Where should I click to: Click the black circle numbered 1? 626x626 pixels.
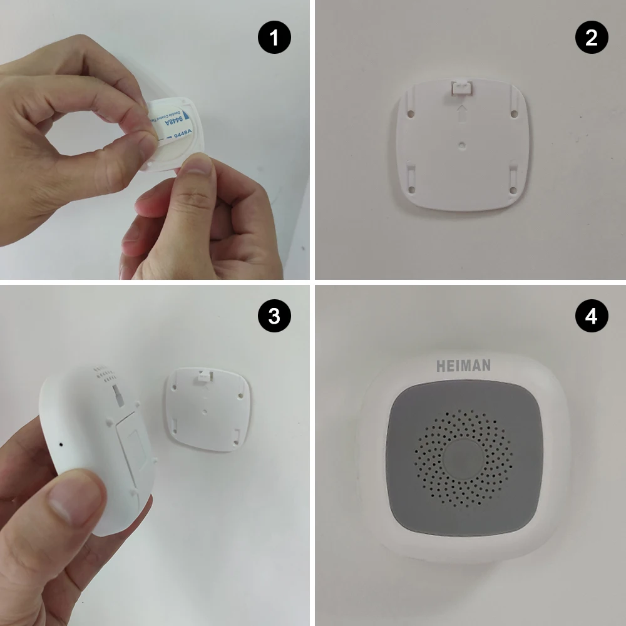[x=274, y=38]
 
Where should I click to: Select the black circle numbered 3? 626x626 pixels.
[x=274, y=317]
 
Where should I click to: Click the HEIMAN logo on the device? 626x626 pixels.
[x=463, y=365]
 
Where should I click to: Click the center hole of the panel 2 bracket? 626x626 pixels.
[x=461, y=144]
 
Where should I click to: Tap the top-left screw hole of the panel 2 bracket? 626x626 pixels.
[x=411, y=115]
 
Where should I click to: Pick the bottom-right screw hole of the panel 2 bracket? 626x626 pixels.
[x=513, y=189]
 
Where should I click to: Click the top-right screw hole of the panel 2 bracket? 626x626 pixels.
[x=513, y=113]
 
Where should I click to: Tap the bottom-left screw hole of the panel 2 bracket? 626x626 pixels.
[x=412, y=188]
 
